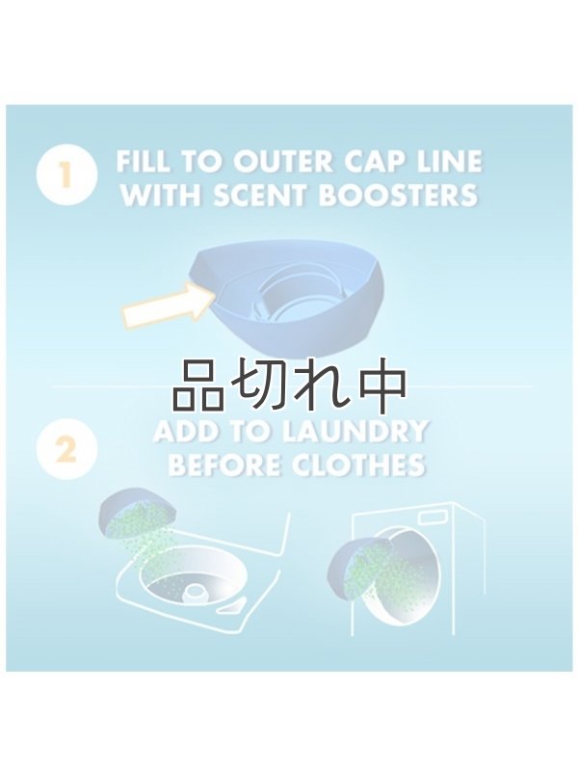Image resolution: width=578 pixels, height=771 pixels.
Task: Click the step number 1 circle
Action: [66, 175]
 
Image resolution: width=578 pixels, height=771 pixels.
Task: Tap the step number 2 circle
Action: [66, 449]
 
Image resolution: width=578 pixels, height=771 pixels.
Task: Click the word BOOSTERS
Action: [399, 196]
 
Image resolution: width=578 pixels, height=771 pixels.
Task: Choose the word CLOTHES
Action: [357, 465]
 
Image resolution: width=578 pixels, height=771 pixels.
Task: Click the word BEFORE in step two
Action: [226, 465]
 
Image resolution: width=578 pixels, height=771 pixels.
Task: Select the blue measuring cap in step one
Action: [288, 300]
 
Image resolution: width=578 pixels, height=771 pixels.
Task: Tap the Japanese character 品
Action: [197, 387]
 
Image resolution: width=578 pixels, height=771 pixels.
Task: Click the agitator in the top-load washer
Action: [197, 593]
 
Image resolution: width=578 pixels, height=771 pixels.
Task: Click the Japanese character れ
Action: [321, 387]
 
